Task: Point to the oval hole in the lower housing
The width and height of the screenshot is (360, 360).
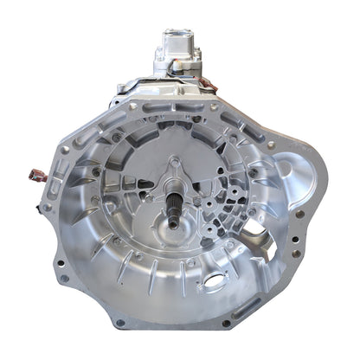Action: [x=214, y=283]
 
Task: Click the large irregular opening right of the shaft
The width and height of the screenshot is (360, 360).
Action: [x=250, y=230]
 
